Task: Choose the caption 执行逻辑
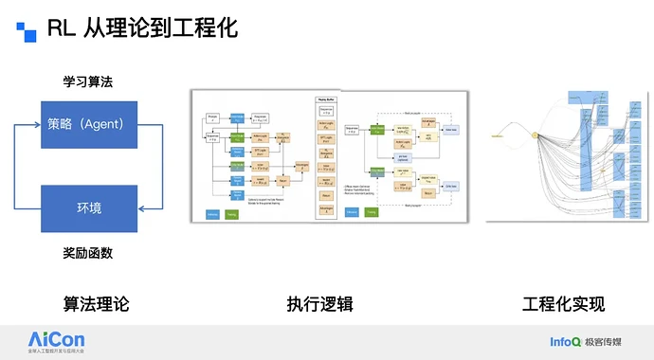coord(328,304)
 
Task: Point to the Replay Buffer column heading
coord(326,98)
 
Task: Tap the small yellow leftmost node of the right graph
coord(496,137)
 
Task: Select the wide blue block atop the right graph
coord(579,97)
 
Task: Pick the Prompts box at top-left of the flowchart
coord(214,117)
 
